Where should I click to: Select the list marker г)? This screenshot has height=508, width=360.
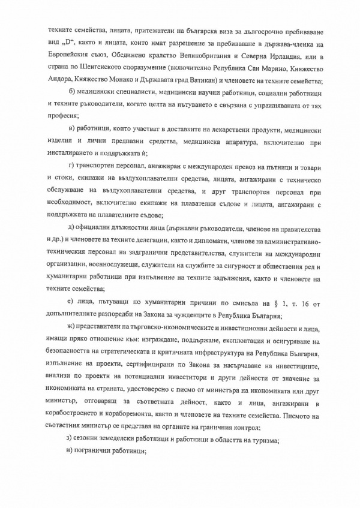tap(72, 164)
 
